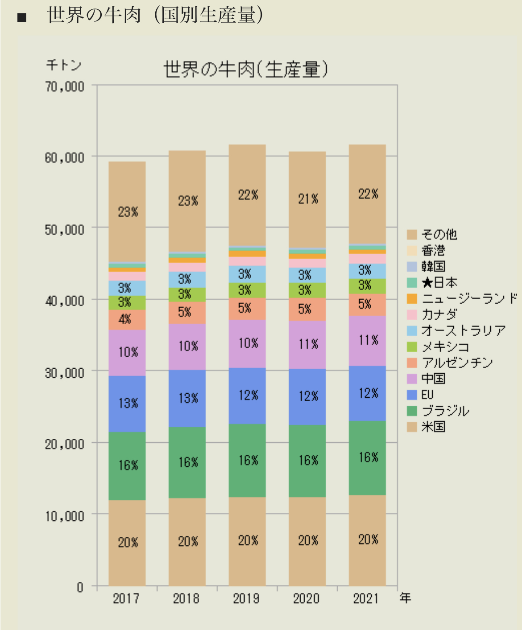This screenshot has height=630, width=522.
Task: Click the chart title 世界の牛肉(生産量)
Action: tap(246, 70)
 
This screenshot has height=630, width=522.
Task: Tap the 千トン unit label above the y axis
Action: tap(63, 65)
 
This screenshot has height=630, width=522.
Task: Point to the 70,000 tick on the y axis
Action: tap(65, 86)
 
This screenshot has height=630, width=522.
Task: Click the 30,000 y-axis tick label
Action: tap(65, 373)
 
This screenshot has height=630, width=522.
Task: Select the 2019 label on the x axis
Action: tap(246, 598)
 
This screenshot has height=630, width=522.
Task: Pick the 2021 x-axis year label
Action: tap(366, 598)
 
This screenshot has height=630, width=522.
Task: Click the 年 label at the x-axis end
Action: tap(405, 597)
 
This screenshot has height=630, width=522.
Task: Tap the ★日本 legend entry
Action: tap(439, 282)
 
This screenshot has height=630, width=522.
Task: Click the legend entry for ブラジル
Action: tap(445, 411)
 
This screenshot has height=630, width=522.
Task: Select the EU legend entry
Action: tap(427, 395)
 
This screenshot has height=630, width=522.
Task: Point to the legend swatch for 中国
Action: tap(412, 379)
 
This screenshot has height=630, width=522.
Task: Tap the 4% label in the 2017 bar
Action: tap(125, 319)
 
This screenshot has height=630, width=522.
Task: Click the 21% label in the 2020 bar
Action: tap(308, 199)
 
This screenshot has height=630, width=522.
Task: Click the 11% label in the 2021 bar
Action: tap(369, 340)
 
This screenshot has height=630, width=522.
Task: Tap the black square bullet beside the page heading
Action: tap(22, 18)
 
